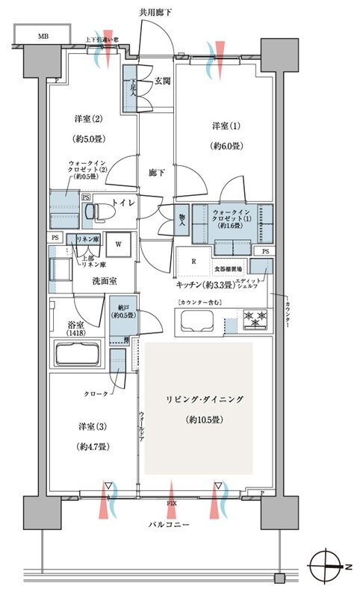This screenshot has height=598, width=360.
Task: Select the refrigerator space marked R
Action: (194, 261)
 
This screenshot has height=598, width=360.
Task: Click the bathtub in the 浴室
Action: (78, 352)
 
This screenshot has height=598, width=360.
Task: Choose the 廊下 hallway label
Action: (156, 173)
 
